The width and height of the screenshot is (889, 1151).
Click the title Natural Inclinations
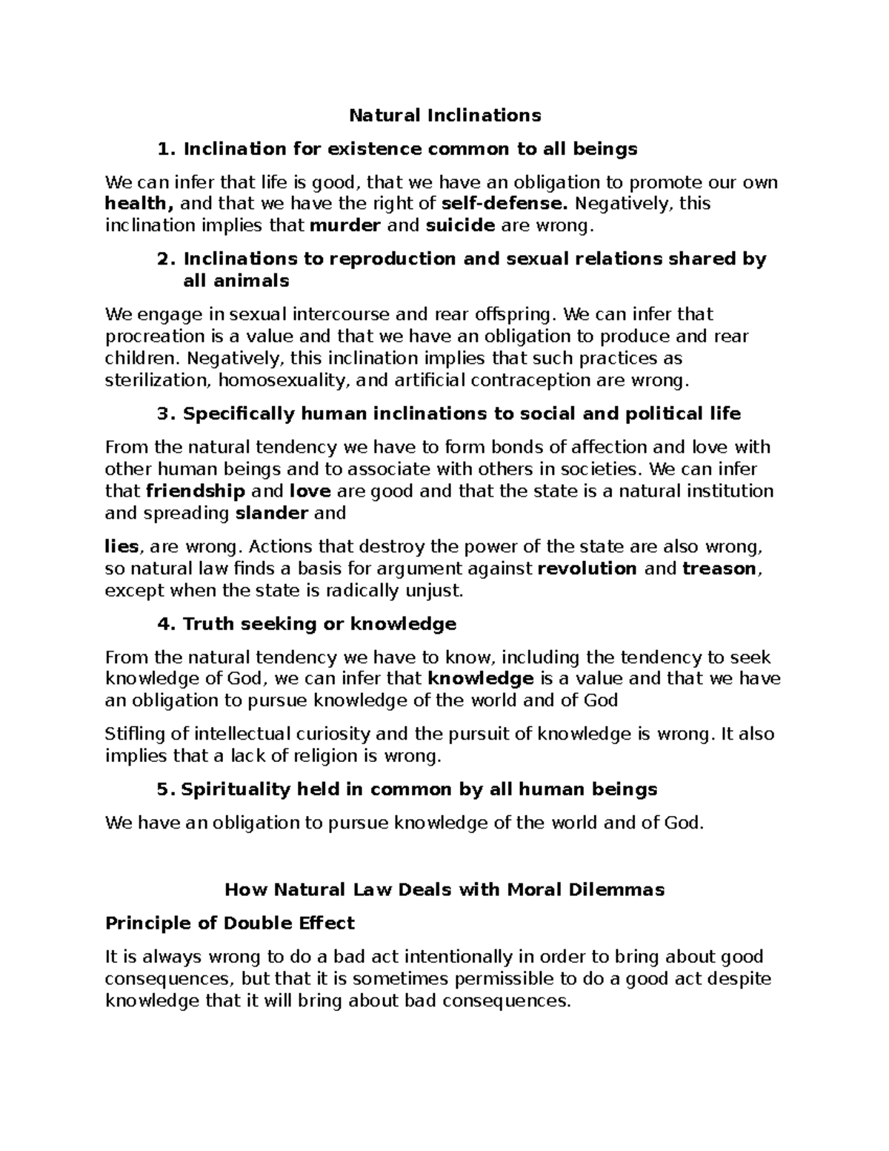[x=444, y=116]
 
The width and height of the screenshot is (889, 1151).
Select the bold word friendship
[x=196, y=491]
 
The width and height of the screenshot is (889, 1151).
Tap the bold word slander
[x=271, y=514]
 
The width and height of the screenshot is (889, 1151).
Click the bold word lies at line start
[x=122, y=548]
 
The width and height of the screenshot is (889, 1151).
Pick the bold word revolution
[x=587, y=569]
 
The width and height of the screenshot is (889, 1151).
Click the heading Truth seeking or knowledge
[x=319, y=624]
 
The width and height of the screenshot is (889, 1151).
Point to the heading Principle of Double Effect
[x=230, y=923]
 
